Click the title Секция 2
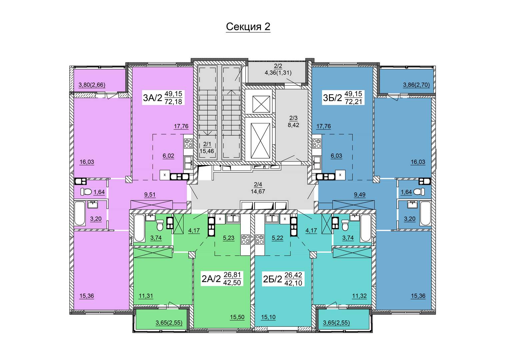248,27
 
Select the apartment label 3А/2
152,98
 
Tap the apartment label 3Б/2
332,98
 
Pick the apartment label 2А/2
211,279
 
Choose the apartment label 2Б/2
272,279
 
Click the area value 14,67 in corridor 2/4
258,191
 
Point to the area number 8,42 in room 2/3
293,125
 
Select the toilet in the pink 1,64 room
86,192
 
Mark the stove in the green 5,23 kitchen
245,239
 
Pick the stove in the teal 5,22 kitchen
259,239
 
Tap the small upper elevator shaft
261,104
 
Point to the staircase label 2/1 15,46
207,147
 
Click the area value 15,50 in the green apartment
237,317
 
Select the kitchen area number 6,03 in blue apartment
336,156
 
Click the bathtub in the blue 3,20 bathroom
425,213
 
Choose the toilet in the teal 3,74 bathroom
345,225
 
